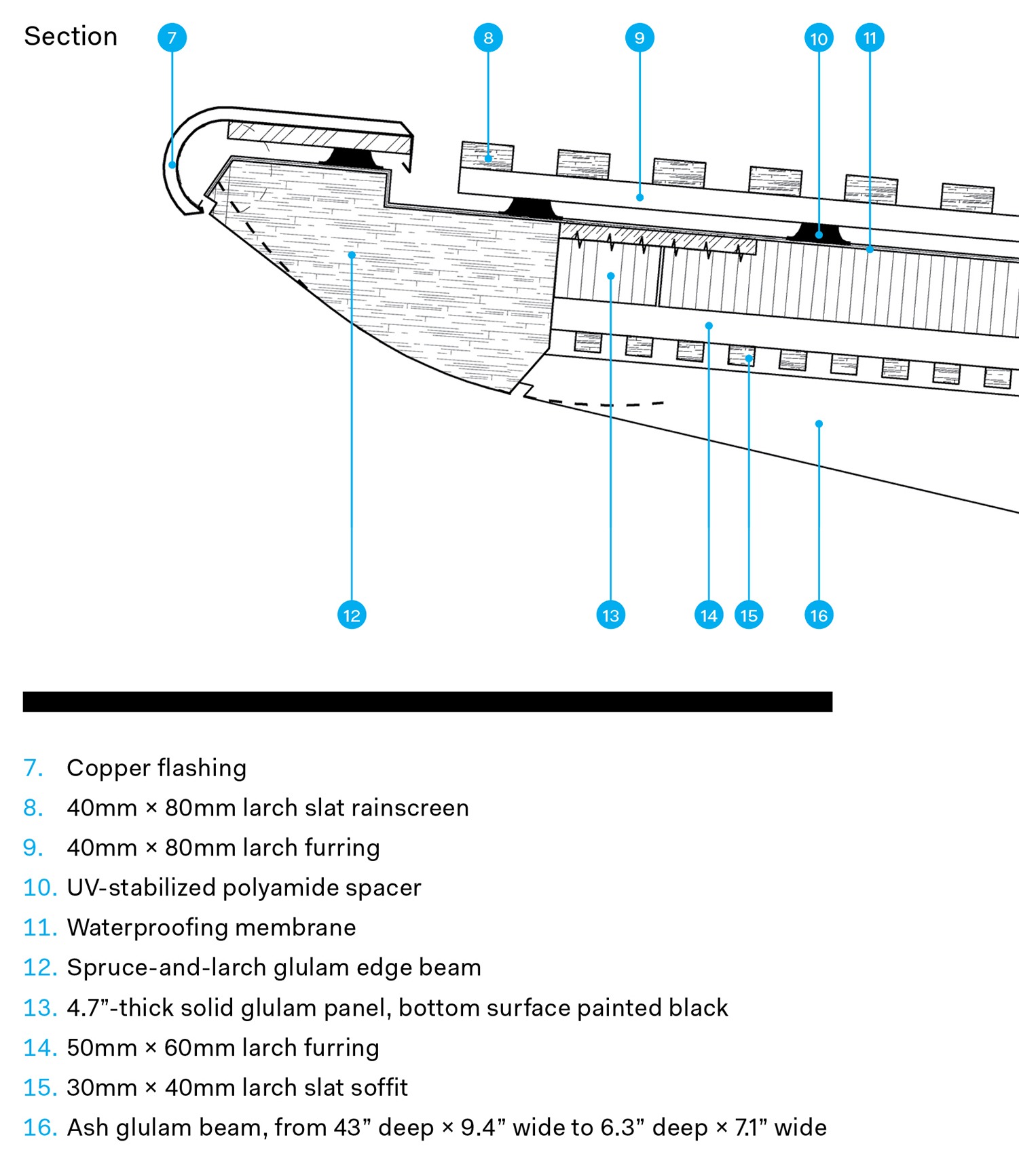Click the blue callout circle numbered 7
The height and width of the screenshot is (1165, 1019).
coord(172,37)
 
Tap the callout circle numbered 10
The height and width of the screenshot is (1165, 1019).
coord(819,38)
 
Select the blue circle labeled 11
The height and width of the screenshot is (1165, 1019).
coord(870,37)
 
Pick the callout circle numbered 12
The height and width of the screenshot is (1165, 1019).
coord(352,615)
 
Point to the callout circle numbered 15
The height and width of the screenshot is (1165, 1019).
coord(749,615)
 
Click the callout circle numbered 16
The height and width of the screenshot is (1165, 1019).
coord(819,615)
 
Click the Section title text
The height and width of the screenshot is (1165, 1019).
coord(71,36)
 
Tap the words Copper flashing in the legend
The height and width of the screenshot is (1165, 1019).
coord(156,767)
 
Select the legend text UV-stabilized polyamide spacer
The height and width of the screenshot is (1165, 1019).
coord(244,887)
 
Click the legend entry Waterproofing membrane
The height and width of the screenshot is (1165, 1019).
coord(211,927)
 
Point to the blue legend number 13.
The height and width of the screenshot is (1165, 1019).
coord(39,1007)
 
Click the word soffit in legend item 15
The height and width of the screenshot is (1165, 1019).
coord(379,1087)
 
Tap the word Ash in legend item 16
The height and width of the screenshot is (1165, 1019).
coord(88,1127)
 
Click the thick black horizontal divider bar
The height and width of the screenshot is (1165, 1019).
coord(428,702)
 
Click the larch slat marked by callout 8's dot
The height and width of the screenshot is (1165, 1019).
coord(487,156)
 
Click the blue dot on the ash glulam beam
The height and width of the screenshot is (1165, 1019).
coord(819,423)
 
